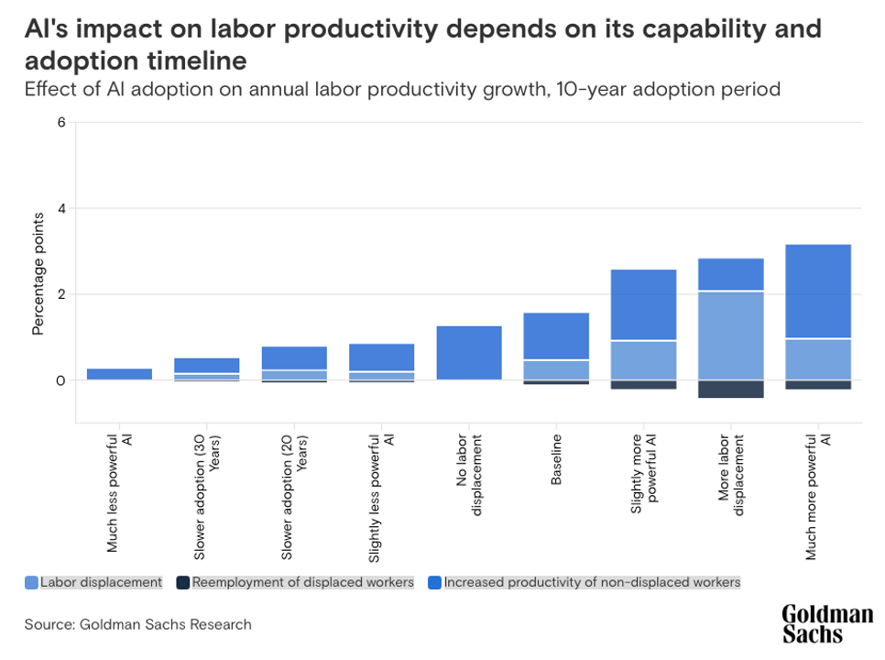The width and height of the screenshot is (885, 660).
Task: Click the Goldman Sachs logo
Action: pyautogui.click(x=826, y=624)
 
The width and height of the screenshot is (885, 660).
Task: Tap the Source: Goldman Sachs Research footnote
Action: pyautogui.click(x=137, y=624)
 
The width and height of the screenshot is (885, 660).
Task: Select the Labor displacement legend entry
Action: pyautogui.click(x=94, y=582)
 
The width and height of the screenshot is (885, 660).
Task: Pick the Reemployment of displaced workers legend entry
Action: pyautogui.click(x=296, y=582)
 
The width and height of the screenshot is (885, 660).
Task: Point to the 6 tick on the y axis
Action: pyautogui.click(x=61, y=123)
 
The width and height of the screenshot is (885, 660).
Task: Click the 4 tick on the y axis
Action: pyautogui.click(x=61, y=209)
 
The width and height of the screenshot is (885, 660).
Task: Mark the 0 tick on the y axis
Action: pyautogui.click(x=61, y=380)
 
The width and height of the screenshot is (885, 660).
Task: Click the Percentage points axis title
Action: pyautogui.click(x=38, y=274)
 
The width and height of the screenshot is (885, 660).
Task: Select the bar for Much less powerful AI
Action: pyautogui.click(x=119, y=374)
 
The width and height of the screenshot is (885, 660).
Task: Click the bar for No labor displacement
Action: pyautogui.click(x=469, y=353)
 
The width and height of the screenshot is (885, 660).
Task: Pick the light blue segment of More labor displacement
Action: pyautogui.click(x=730, y=335)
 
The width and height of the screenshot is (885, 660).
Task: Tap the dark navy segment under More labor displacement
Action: pyautogui.click(x=730, y=390)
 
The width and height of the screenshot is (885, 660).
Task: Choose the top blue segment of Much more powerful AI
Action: pyautogui.click(x=818, y=291)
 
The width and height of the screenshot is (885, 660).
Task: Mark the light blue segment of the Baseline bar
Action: pyautogui.click(x=556, y=369)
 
